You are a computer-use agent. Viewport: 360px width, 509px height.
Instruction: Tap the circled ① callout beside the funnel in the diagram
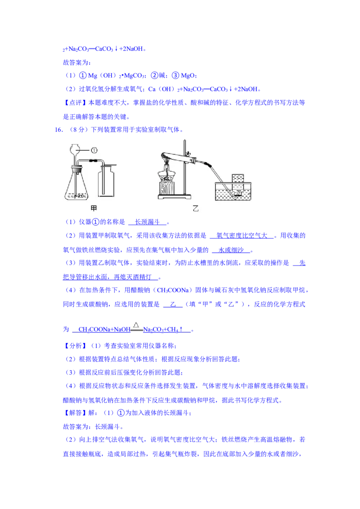pyautogui.click(x=94, y=150)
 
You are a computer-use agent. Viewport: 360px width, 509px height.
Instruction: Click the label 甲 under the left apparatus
pyautogui.click(x=94, y=208)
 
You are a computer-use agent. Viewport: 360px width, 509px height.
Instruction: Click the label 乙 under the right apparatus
pyautogui.click(x=195, y=208)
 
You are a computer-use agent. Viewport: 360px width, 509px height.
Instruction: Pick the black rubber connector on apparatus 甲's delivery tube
pyautogui.click(x=93, y=161)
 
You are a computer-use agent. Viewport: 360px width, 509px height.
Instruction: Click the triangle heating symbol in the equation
pyautogui.click(x=136, y=324)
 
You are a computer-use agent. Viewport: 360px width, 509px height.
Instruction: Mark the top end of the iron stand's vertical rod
pyautogui.click(x=185, y=142)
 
